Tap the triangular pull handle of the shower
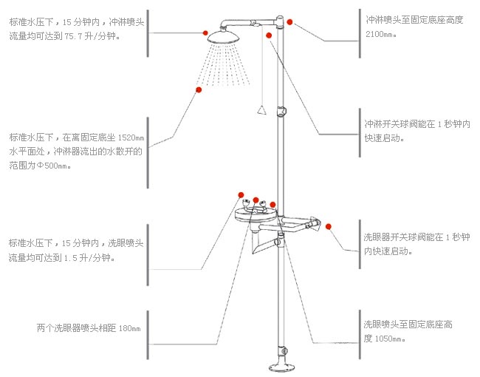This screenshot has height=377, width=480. [x=259, y=112]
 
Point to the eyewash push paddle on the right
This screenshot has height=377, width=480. [x=313, y=223]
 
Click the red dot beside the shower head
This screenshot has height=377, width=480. [x=205, y=33]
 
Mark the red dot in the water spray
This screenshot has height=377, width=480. [x=199, y=89]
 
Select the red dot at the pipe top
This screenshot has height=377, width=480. [x=290, y=22]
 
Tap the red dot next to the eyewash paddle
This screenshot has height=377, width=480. [x=329, y=226]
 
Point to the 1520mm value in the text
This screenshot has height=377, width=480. [x=131, y=137]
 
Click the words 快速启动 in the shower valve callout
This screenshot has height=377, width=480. [x=383, y=137]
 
